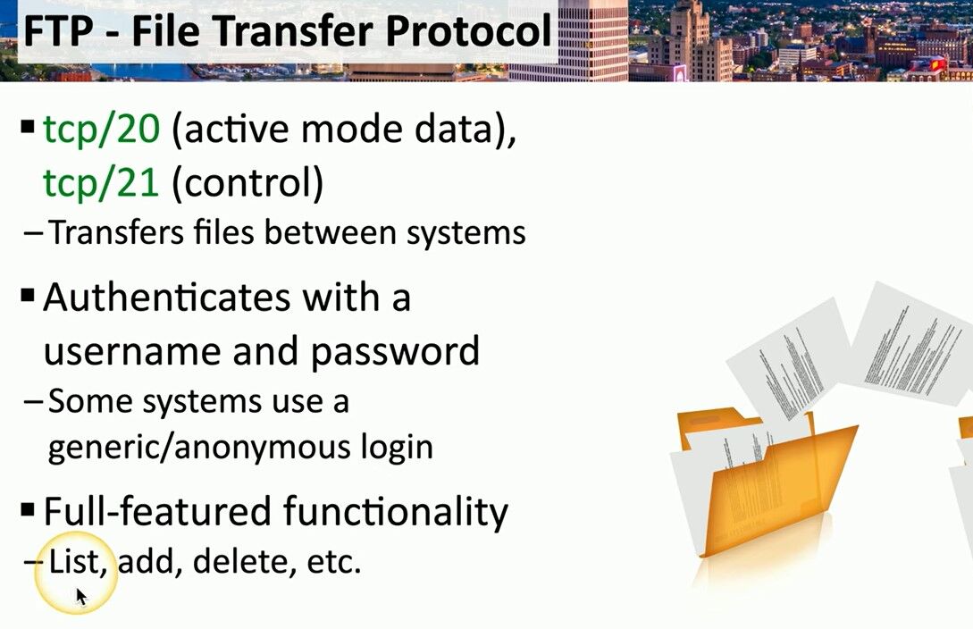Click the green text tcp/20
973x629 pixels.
tap(101, 130)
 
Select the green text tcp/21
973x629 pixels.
tap(101, 183)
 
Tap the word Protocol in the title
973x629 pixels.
tap(468, 31)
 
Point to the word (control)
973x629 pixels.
tap(247, 184)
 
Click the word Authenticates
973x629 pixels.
tap(166, 298)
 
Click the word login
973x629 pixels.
tap(397, 448)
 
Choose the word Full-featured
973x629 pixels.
tap(157, 512)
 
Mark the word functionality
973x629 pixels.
tap(396, 513)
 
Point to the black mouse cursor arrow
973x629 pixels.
tap(81, 597)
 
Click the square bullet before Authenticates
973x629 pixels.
tap(28, 295)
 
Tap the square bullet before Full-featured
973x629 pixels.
tap(28, 510)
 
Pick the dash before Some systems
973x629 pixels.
tap(33, 402)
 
